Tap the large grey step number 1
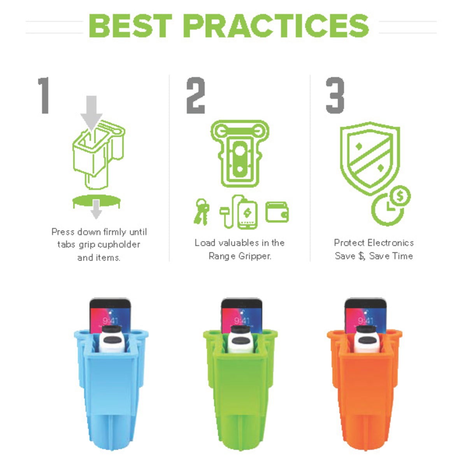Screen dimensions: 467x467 (x=44, y=95)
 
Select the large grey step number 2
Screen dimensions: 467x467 (x=196, y=95)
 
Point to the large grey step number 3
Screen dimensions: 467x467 (x=335, y=95)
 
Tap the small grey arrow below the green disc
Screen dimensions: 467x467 (x=96, y=209)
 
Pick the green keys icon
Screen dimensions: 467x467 (x=201, y=212)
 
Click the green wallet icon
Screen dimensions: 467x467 (x=277, y=212)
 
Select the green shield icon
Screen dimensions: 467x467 (x=370, y=158)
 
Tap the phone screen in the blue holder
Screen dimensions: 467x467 (x=110, y=318)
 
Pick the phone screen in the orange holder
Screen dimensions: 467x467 (x=365, y=318)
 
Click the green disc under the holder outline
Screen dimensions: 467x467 (x=97, y=201)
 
